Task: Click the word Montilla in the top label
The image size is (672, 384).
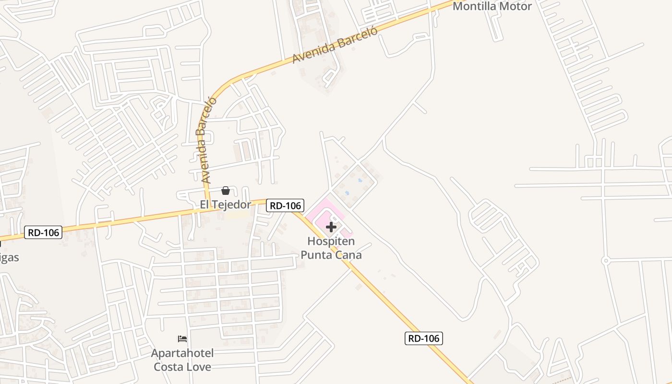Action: coord(475,6)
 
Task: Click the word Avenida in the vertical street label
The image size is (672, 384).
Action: coord(206,163)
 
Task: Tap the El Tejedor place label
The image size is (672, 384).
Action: coord(225,205)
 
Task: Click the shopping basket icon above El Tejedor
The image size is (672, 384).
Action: coord(225,191)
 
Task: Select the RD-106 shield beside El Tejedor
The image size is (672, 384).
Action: coord(285,205)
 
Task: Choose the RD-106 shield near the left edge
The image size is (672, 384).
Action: coord(43,233)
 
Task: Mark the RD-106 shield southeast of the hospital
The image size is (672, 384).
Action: coord(423,338)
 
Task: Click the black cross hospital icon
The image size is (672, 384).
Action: coord(331,227)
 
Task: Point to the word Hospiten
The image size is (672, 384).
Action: coord(331,241)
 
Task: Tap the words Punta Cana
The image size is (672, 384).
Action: coord(331,255)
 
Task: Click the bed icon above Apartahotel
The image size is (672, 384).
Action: coord(182,339)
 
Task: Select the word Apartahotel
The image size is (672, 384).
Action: coord(182,354)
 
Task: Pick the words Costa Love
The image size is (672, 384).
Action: coord(182,367)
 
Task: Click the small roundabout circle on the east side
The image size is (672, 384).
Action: coord(606,261)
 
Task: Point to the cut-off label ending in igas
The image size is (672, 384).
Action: coord(10,258)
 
